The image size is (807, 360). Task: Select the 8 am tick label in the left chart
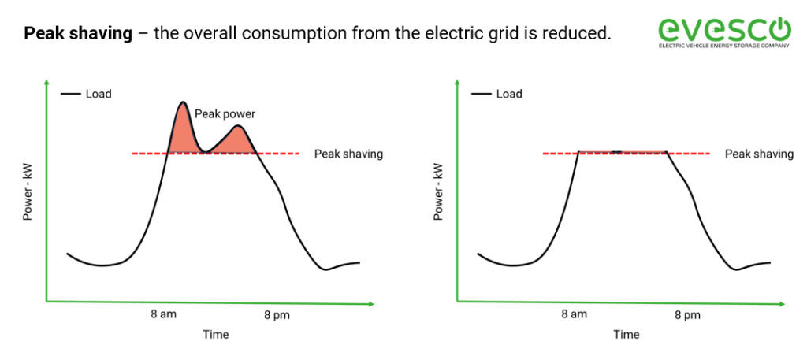[164, 314]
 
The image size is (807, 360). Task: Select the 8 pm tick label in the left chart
[277, 315]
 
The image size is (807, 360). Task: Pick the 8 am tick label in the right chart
[574, 314]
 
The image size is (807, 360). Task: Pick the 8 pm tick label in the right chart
[687, 315]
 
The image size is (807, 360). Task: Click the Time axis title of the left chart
[215, 335]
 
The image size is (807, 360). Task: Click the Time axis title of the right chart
[627, 335]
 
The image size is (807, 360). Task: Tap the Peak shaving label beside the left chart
[348, 154]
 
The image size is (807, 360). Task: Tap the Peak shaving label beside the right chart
[759, 154]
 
